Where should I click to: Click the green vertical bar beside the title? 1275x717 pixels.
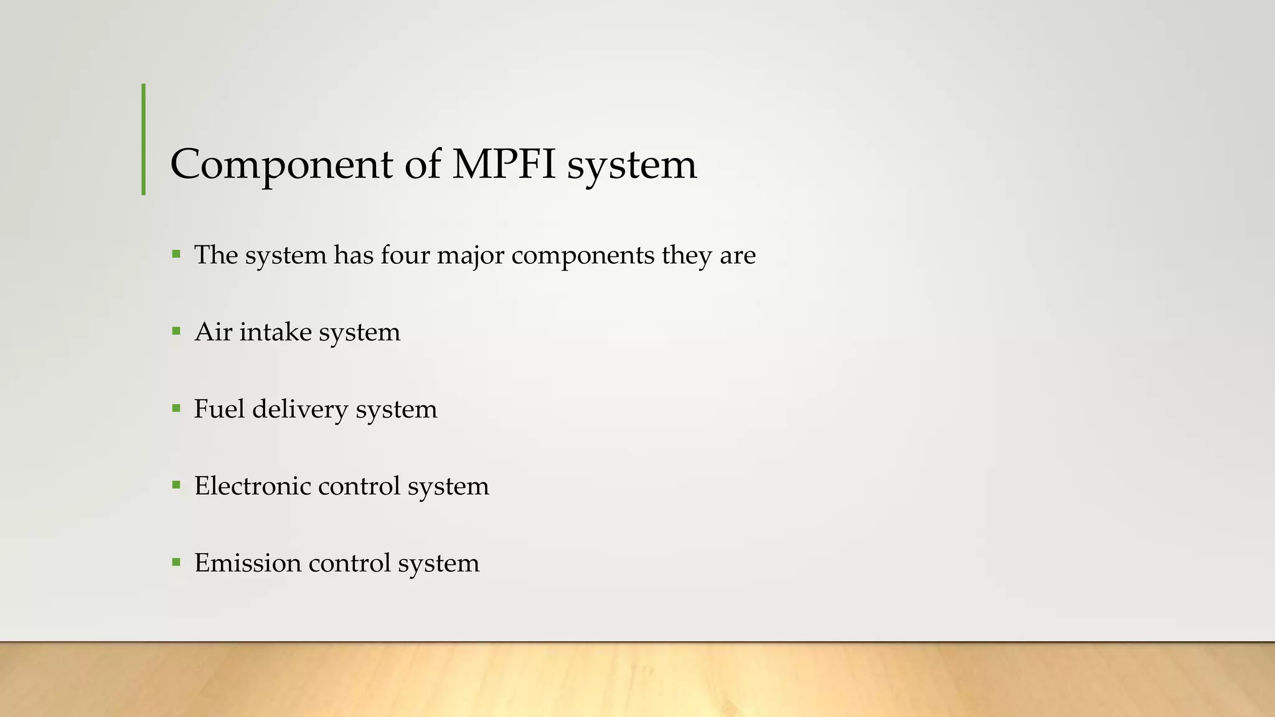(x=144, y=139)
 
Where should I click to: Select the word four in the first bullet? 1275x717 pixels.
(x=405, y=255)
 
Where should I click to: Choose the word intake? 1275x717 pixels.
(x=275, y=332)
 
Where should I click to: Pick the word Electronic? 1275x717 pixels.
(x=252, y=486)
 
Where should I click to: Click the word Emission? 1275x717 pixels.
(x=248, y=563)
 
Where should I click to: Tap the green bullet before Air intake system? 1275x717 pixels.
(x=176, y=331)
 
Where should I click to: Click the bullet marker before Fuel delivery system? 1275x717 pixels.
(x=176, y=408)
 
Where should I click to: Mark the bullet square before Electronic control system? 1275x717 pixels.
(x=176, y=485)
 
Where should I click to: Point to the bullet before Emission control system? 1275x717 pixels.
(x=176, y=562)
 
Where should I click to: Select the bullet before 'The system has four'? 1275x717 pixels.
(x=176, y=254)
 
